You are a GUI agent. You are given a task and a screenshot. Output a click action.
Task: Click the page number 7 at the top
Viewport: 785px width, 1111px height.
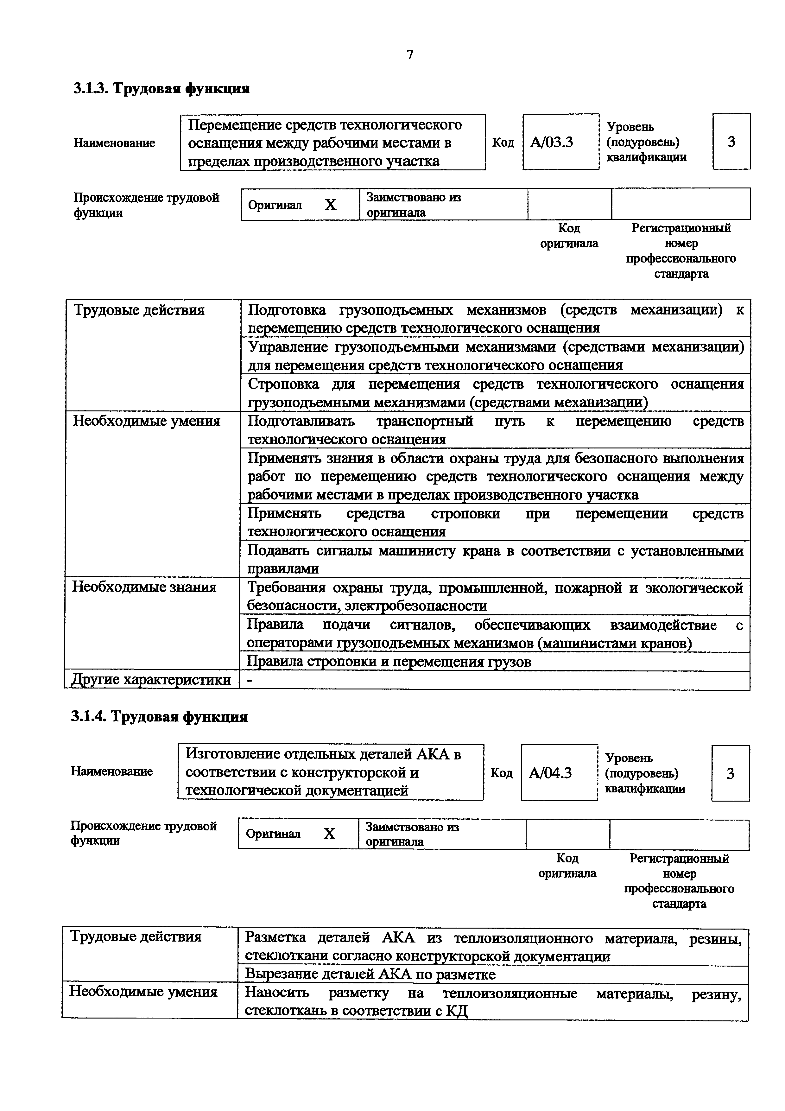410,55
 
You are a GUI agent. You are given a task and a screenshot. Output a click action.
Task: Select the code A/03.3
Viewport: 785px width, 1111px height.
552,142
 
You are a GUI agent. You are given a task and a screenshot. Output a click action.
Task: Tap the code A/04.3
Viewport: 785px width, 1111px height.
550,773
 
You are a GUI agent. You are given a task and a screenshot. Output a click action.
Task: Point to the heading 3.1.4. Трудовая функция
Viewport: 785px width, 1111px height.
160,717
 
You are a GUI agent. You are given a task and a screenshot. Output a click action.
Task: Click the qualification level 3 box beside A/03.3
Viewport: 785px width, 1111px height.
731,142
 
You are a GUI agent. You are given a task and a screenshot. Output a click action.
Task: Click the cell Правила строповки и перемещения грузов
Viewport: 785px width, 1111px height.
389,662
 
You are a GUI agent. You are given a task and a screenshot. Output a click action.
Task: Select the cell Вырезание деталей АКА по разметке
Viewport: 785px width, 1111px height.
370,974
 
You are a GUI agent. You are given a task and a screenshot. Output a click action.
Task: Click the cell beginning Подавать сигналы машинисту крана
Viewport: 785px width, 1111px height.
495,559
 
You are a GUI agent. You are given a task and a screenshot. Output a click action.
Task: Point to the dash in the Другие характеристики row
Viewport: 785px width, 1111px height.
250,680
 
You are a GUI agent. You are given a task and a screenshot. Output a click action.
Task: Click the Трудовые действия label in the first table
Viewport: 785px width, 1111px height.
139,310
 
